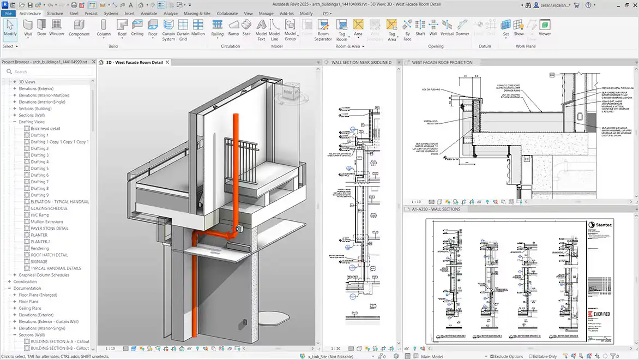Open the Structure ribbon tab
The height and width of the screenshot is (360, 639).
(55, 13)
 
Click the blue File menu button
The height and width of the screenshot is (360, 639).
(8, 13)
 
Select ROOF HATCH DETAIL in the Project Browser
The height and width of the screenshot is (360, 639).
(49, 255)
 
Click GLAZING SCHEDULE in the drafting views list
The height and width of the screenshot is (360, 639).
(49, 208)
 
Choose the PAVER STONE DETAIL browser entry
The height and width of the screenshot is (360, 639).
(50, 229)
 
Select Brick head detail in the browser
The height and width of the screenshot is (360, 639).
(45, 128)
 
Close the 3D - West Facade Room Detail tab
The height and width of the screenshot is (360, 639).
(167, 62)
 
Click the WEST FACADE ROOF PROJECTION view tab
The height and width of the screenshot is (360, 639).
(442, 63)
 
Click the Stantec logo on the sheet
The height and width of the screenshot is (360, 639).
(600, 225)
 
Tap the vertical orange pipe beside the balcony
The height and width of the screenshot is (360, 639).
(237, 164)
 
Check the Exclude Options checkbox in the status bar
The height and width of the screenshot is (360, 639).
(491, 356)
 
